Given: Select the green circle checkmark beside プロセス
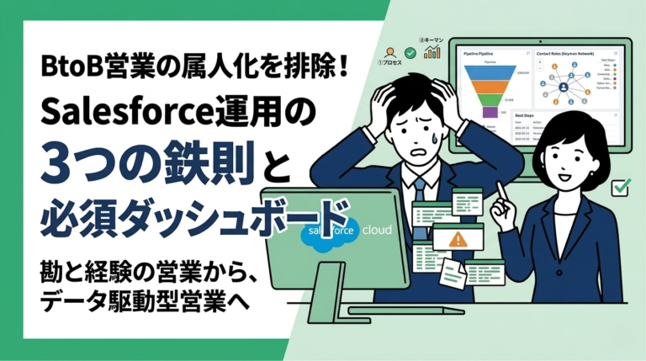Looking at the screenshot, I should (x=408, y=52).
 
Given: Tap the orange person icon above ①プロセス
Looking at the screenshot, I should (x=389, y=52).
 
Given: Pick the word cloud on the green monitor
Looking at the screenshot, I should (x=376, y=228).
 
